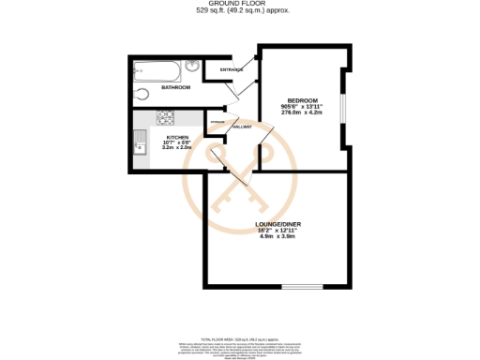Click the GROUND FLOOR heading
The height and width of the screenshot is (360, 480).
(240, 5)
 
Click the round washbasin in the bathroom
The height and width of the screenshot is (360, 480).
(192, 67)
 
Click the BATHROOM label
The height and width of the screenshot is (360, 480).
(175, 87)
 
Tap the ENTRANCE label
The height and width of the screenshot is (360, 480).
(232, 69)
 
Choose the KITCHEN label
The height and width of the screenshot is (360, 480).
(178, 136)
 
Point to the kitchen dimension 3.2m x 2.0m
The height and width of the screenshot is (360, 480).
(178, 148)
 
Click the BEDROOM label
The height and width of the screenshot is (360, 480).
(302, 100)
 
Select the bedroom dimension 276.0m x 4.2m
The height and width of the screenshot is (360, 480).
(302, 112)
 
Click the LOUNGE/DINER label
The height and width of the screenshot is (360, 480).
(277, 223)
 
